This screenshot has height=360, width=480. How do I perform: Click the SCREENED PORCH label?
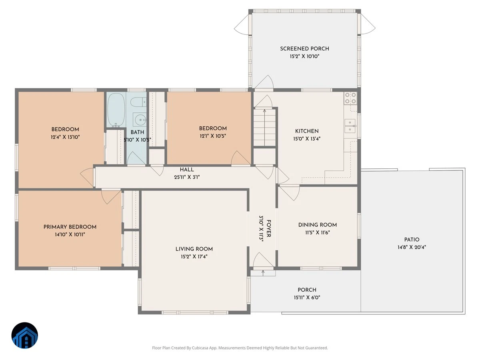tap(304, 49)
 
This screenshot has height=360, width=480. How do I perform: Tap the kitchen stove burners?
tap(350, 98)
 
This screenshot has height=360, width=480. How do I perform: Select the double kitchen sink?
tap(350, 126)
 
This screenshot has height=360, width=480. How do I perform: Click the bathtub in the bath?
tap(116, 110)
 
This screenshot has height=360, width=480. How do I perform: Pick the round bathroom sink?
tap(140, 120)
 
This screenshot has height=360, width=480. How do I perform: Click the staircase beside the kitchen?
tap(264, 128)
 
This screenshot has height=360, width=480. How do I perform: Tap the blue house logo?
tap(25, 335)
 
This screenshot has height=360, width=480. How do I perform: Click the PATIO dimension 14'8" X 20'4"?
tap(412, 247)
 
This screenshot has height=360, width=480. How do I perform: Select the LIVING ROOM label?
tap(194, 249)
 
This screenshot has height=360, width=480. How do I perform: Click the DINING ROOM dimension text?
tap(318, 232)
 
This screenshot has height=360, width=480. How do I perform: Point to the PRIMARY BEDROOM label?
tap(70, 227)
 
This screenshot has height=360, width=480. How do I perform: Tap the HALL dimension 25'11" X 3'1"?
tap(187, 177)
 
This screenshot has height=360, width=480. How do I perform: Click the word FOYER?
tap(269, 228)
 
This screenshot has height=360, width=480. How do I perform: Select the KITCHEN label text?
tap(307, 131)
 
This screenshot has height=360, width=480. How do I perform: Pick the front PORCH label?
tap(307, 290)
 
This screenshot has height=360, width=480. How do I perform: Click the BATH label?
tap(137, 132)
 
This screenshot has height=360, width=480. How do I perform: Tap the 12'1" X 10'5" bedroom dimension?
tap(213, 136)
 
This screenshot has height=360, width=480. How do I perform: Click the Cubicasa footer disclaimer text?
tap(240, 348)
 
